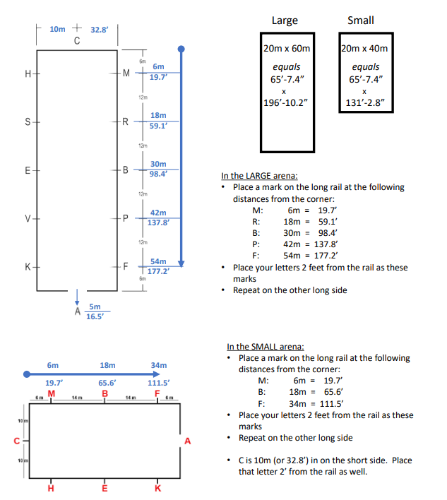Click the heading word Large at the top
point(285,20)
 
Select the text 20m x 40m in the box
point(363,49)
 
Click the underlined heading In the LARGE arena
point(258,176)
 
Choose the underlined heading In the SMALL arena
point(266,347)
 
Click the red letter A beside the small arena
point(187,441)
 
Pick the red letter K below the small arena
point(157,487)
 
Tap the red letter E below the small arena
point(105,487)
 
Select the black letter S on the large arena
point(27,121)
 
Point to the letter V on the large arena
point(27,218)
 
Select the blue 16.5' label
point(95,317)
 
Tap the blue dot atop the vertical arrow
point(181,49)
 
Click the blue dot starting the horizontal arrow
point(26,374)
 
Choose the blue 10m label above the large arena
point(57,30)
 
